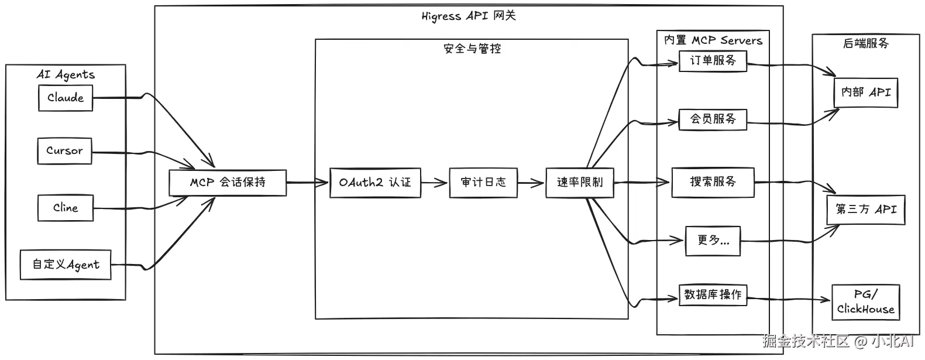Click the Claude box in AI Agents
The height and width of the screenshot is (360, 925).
pyautogui.click(x=66, y=98)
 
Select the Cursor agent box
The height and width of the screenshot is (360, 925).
pyautogui.click(x=64, y=151)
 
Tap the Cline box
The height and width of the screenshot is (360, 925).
pyautogui.click(x=65, y=208)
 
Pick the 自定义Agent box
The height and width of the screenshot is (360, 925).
pyautogui.click(x=66, y=265)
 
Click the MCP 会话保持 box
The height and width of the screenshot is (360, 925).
pyautogui.click(x=228, y=182)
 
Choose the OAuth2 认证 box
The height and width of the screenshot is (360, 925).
pyautogui.click(x=375, y=183)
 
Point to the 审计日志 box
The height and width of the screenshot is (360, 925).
pyautogui.click(x=483, y=183)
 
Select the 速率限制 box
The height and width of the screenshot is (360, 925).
pyautogui.click(x=579, y=183)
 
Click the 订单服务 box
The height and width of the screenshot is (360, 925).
pyautogui.click(x=713, y=61)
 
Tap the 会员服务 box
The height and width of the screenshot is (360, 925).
pyautogui.click(x=713, y=119)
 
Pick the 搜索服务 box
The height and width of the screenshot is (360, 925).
pyautogui.click(x=713, y=182)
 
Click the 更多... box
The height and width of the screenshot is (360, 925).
pyautogui.click(x=713, y=241)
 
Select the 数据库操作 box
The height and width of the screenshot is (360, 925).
pyautogui.click(x=713, y=295)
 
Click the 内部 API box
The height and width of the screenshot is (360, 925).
pyautogui.click(x=865, y=92)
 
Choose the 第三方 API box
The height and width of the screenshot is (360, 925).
pyautogui.click(x=865, y=210)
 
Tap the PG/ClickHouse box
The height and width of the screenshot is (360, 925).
pyautogui.click(x=865, y=302)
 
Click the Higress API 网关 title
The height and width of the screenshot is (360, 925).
pyautogui.click(x=469, y=16)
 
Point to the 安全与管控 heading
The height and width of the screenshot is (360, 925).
pyautogui.click(x=472, y=49)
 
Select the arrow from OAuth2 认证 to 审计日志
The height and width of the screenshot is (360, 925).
pyautogui.click(x=435, y=183)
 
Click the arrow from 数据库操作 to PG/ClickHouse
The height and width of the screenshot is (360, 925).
pyautogui.click(x=790, y=299)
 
